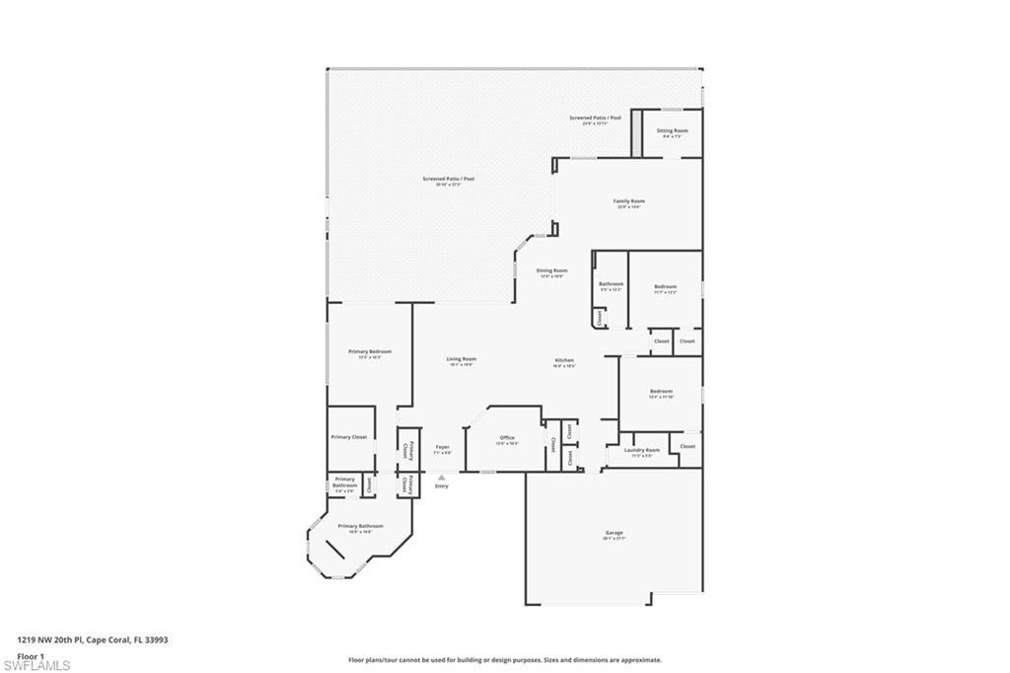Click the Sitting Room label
(673, 130)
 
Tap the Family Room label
(628, 201)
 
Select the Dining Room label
(551, 270)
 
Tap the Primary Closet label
(348, 436)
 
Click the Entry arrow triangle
(441, 478)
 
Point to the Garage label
(613, 533)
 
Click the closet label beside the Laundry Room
(687, 446)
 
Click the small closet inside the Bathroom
(598, 318)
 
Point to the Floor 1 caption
(31, 654)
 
